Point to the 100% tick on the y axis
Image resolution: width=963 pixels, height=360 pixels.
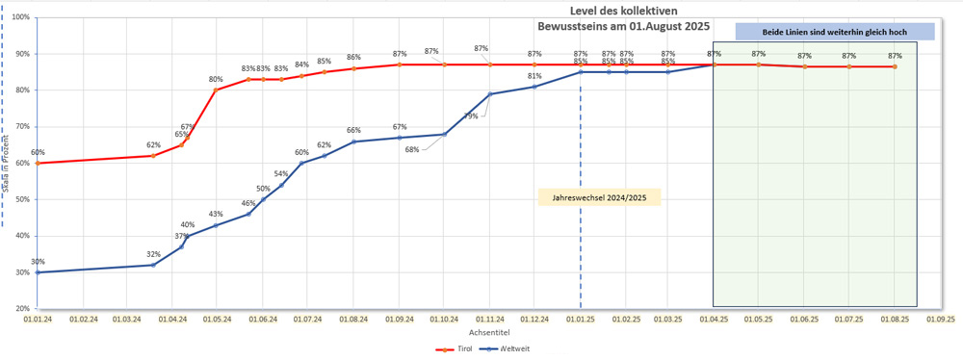(x=18, y=17)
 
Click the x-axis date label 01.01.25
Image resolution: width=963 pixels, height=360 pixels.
(x=581, y=318)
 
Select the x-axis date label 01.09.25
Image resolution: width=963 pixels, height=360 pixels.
(x=941, y=318)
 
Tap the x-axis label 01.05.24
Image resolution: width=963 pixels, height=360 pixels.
(x=216, y=318)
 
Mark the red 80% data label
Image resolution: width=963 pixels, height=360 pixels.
(x=216, y=80)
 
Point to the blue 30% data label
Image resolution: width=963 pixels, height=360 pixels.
(x=38, y=263)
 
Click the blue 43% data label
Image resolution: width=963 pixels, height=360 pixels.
(x=216, y=215)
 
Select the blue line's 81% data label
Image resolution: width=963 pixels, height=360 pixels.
(x=534, y=76)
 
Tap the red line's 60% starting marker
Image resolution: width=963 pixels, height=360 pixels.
(x=38, y=163)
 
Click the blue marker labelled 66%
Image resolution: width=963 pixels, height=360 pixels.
(x=353, y=141)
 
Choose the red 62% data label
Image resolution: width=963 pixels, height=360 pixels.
(x=153, y=145)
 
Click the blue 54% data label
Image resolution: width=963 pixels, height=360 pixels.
(x=281, y=174)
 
